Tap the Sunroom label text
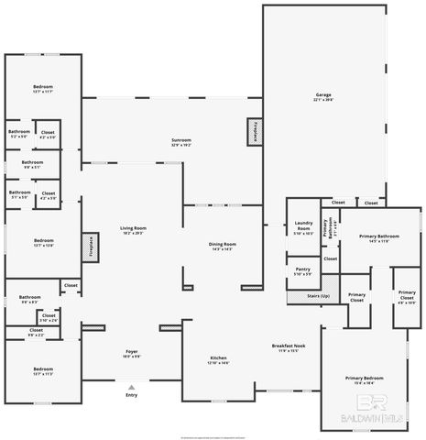[x=181, y=142]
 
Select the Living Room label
[x=134, y=230]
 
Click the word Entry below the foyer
[x=132, y=395]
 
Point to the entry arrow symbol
[x=132, y=386]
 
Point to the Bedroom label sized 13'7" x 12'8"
[x=43, y=243]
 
